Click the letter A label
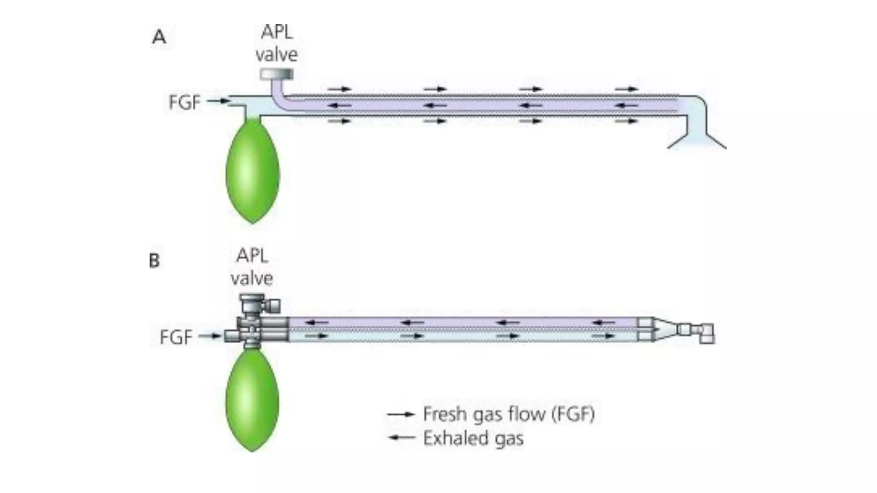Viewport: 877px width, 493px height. [159, 37]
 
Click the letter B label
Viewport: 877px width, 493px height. [154, 260]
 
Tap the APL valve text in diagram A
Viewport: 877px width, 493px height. [277, 44]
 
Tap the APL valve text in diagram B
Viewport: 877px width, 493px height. [252, 267]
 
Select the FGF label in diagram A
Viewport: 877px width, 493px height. [184, 102]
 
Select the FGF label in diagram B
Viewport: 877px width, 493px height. [176, 337]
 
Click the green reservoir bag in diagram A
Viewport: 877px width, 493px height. [253, 171]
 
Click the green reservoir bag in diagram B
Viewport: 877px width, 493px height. [253, 400]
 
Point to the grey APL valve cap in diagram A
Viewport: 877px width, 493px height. [277, 74]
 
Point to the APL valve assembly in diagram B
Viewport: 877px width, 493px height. [257, 305]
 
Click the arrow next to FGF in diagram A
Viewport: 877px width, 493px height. [218, 101]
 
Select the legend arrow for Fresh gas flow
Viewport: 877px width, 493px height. [401, 414]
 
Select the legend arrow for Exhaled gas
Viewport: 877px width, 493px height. [401, 438]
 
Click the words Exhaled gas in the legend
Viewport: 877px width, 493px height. [473, 438]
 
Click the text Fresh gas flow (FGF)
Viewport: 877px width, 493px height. [509, 414]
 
